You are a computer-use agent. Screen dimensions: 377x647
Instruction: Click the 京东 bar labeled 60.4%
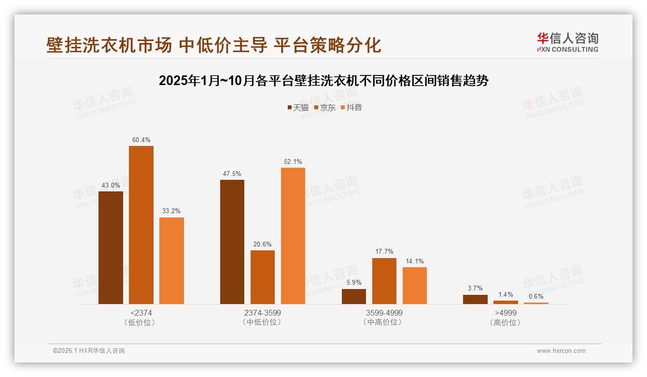pos(141,225)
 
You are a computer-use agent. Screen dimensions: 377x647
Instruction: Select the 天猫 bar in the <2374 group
pos(111,247)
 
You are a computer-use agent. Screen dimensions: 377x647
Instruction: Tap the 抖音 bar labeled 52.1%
pos(293,236)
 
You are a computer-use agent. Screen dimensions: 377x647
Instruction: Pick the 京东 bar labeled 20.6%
pos(262,277)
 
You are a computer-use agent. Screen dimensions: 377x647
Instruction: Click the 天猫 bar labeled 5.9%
pos(353,296)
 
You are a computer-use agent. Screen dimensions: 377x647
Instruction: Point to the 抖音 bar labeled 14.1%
pos(414,285)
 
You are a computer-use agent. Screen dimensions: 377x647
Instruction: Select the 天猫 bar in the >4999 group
pos(475,299)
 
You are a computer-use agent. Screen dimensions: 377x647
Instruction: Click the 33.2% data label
pos(171,211)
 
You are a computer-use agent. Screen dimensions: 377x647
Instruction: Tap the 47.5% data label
pos(232,174)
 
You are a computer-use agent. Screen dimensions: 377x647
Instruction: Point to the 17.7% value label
pos(384,251)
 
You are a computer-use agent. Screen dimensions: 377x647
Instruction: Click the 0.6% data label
pos(536,296)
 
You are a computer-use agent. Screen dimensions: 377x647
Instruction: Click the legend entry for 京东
pos(324,107)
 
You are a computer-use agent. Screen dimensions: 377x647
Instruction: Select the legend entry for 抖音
pos(351,107)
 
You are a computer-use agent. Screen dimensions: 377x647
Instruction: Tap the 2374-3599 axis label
pos(262,313)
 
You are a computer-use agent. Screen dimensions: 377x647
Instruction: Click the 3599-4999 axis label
pos(384,313)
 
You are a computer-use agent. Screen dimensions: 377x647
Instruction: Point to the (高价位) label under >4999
pos(505,322)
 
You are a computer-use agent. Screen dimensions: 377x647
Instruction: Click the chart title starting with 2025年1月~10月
pos(323,81)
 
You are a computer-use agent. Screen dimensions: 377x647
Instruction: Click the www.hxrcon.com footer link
pos(561,351)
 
